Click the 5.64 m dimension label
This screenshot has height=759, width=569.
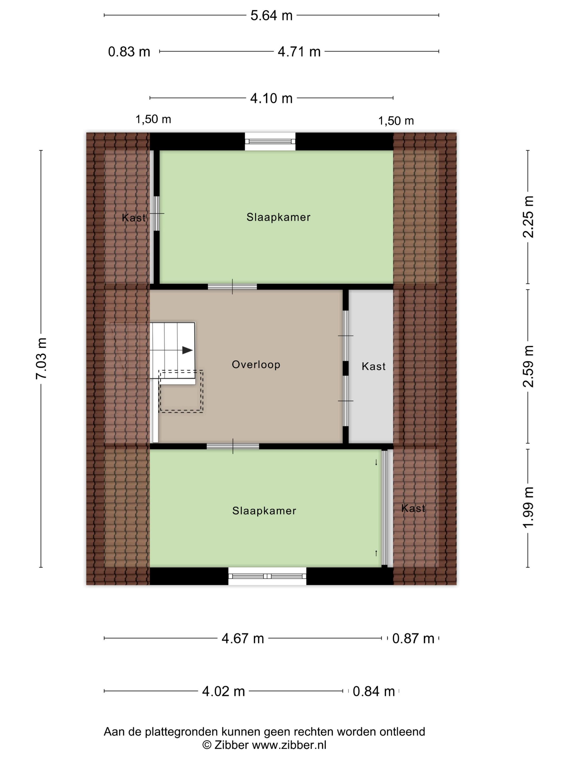271,15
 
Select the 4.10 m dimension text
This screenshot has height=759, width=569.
271,98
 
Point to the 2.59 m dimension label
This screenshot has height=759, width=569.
528,366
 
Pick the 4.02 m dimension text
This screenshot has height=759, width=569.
223,691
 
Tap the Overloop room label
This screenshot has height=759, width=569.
256,364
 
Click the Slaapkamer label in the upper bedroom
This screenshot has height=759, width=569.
278,217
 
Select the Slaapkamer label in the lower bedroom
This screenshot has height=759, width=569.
264,511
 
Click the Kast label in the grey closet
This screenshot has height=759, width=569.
373,366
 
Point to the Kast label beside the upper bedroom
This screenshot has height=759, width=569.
133,218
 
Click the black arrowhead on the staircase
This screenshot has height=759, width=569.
187,350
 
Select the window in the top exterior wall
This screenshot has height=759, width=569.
270,141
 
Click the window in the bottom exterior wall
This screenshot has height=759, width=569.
267,576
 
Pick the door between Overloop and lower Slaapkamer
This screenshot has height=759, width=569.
232,446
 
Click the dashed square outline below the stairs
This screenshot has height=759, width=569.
181,391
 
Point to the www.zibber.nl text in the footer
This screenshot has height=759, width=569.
289,744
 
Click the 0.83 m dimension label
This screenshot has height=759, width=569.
129,52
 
